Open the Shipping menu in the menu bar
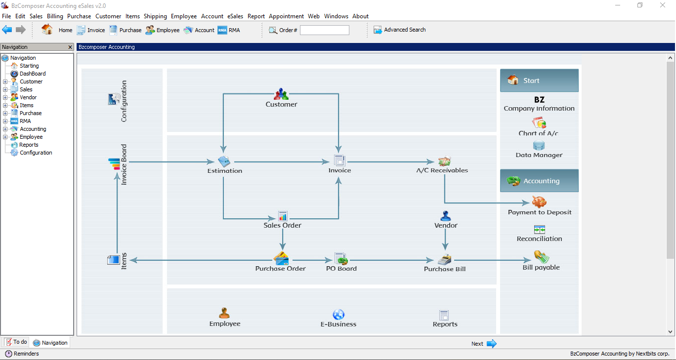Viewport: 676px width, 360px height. (155, 16)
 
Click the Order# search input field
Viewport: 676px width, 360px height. (325, 30)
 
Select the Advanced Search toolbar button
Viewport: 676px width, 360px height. (400, 30)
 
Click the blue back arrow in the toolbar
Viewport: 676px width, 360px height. (7, 30)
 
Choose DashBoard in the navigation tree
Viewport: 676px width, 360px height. (33, 74)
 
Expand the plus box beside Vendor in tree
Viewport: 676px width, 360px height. (5, 97)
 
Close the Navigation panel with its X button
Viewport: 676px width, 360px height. (70, 47)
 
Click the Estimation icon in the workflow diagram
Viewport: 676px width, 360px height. (224, 161)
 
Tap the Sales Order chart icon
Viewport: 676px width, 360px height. (283, 216)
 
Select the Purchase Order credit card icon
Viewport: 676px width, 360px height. (281, 258)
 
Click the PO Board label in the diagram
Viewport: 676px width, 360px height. (341, 268)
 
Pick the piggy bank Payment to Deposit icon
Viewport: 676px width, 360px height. (539, 201)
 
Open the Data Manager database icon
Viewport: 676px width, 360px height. (539, 145)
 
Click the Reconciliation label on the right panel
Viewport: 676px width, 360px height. (539, 239)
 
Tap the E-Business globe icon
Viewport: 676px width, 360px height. (338, 315)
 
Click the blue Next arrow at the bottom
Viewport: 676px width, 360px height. (492, 343)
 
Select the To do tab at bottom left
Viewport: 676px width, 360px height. (16, 342)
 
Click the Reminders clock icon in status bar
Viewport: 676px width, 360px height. (8, 354)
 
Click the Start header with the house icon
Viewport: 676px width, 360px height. (539, 80)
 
